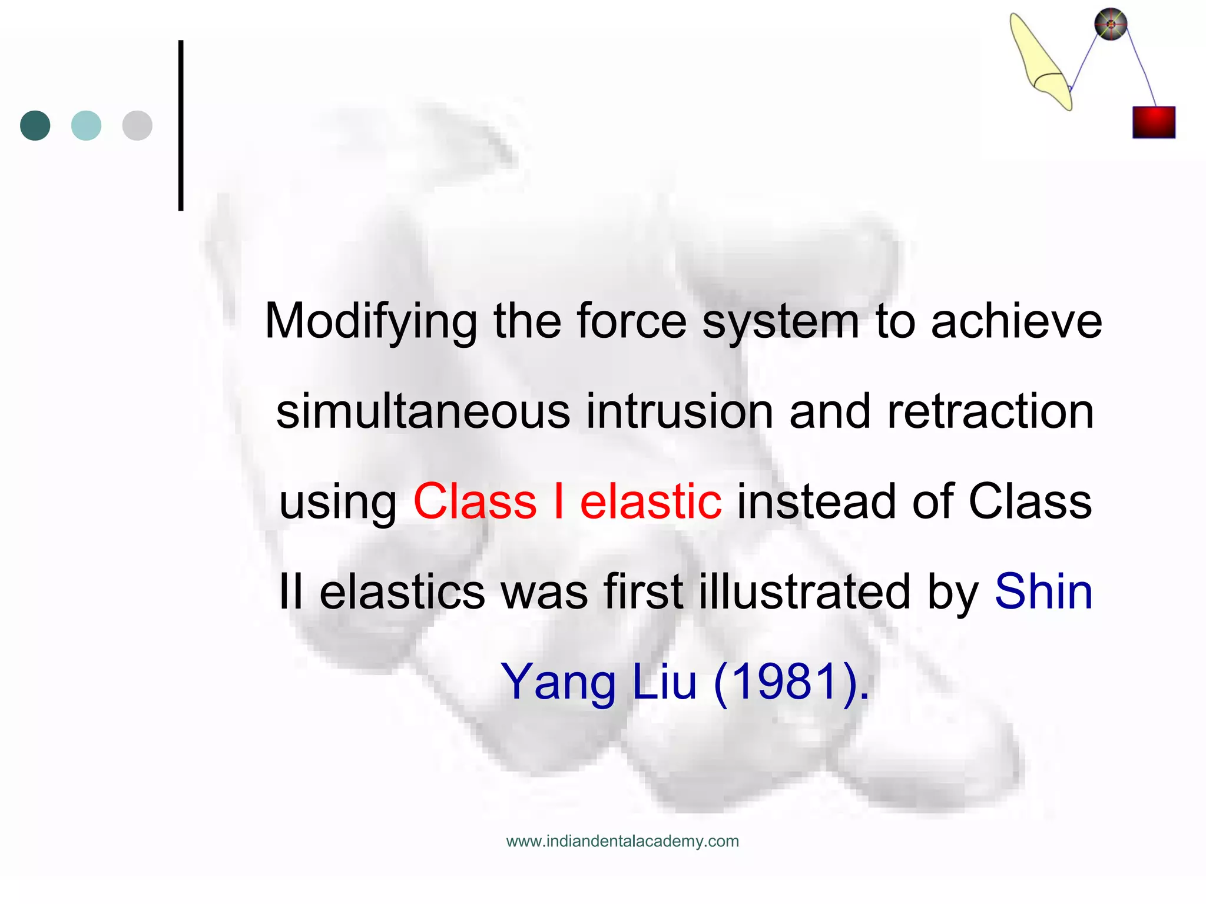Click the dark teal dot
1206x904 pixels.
click(35, 125)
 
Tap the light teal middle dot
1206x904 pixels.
click(86, 125)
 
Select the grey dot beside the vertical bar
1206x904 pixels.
click(137, 125)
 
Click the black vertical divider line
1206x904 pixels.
click(181, 125)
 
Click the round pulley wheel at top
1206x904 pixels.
click(1111, 25)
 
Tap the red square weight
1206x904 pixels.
click(1154, 122)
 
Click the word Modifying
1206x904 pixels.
click(371, 322)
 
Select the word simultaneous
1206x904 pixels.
click(423, 411)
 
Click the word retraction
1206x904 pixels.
click(990, 411)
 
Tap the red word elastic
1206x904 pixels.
click(651, 501)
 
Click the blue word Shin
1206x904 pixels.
click(1043, 591)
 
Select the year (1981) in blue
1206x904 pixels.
click(791, 682)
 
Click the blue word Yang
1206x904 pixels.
click(558, 682)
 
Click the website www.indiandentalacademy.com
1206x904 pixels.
click(622, 841)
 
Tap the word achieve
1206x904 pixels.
click(1016, 322)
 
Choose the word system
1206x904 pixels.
click(781, 322)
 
